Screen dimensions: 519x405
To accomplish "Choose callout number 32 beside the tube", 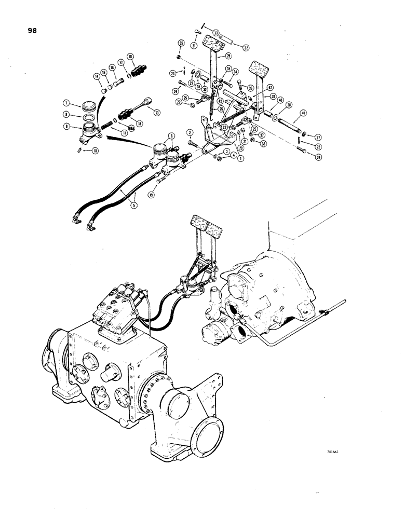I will [x=246, y=48].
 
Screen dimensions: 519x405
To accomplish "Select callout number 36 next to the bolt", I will [x=250, y=89].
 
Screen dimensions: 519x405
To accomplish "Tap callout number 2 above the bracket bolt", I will [x=190, y=132].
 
